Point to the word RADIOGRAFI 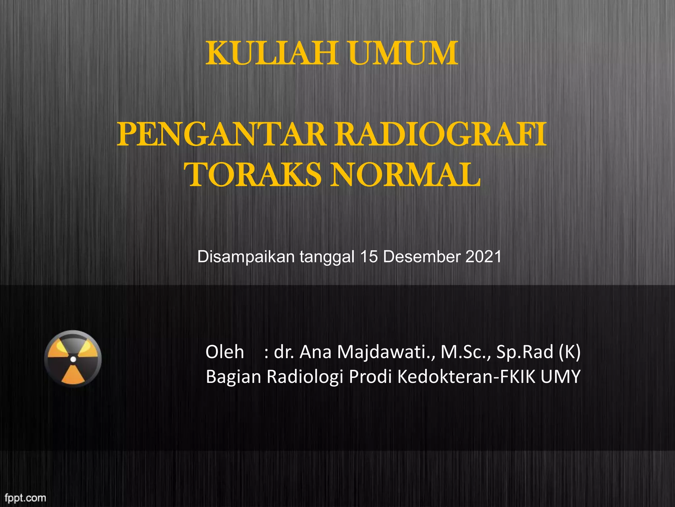(441, 135)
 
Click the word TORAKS (254, 175)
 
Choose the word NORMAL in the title (405, 175)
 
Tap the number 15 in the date (369, 257)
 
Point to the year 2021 (484, 257)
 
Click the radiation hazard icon (73, 359)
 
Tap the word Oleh (225, 352)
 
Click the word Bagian (233, 377)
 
